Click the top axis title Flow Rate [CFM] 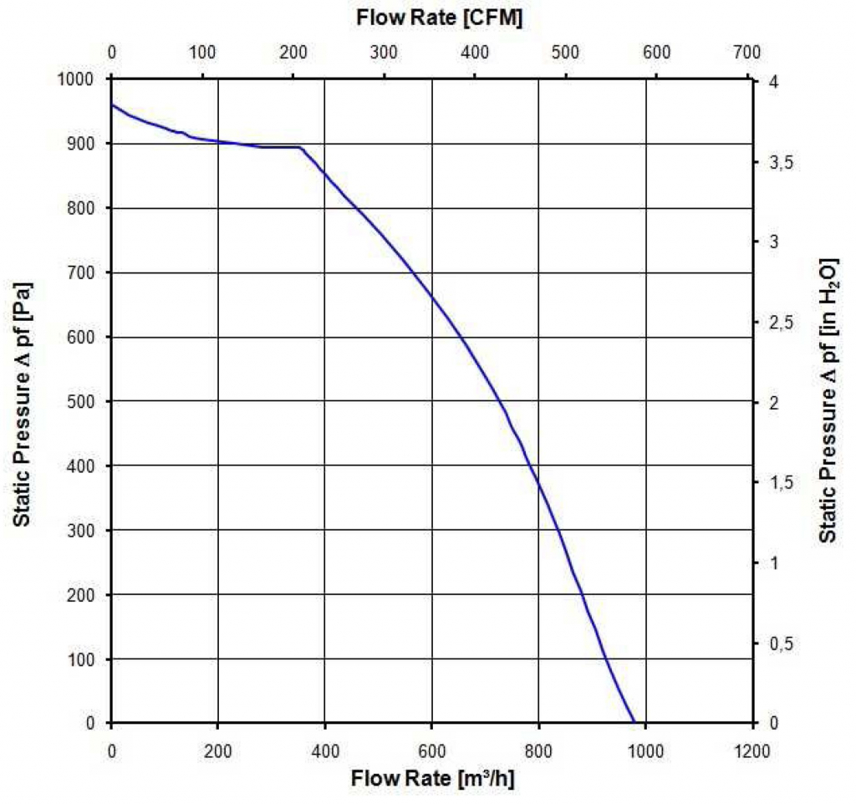[440, 18]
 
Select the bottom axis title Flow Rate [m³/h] [432, 780]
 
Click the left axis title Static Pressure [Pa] [23, 400]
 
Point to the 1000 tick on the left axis [84, 79]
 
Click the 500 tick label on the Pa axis [88, 402]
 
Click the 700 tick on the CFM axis [746, 52]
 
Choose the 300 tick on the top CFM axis [384, 52]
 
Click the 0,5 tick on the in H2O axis [779, 644]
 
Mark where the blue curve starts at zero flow [112, 104]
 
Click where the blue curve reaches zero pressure [634, 723]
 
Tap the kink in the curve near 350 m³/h [300, 148]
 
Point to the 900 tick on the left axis [88, 144]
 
